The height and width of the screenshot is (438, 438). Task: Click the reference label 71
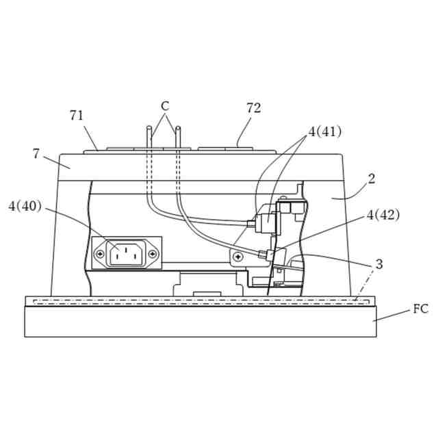[77, 116]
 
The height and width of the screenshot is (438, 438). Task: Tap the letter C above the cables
[165, 106]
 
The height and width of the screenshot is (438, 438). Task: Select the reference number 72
[253, 108]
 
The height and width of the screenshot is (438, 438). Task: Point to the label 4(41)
[324, 131]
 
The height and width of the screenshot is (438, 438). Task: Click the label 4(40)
[25, 205]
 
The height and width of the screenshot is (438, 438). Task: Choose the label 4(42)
[383, 215]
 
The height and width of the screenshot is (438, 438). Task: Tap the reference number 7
[36, 153]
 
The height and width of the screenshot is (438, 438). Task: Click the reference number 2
[372, 179]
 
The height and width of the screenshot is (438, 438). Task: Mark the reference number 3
[378, 264]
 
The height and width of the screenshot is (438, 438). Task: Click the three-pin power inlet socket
[127, 254]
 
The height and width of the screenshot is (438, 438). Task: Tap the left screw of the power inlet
[100, 255]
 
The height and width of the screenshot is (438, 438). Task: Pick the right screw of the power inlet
[153, 255]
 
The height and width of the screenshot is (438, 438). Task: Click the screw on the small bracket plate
[237, 257]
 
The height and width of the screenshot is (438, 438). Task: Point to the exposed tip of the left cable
[148, 127]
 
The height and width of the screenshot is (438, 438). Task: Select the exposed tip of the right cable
[177, 127]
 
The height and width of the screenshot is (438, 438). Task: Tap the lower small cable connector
[263, 255]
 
